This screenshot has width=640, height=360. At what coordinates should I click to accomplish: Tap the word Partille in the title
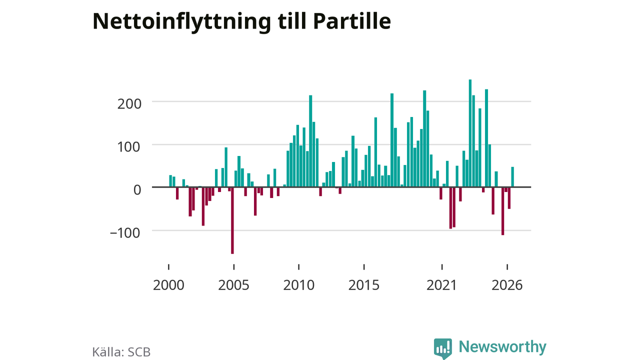(352, 21)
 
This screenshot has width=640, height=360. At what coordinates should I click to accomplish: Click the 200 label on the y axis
(129, 103)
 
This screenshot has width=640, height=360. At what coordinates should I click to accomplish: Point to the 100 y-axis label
(129, 147)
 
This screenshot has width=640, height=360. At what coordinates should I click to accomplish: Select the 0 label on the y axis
(137, 190)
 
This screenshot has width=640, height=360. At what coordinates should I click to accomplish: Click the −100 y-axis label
(125, 233)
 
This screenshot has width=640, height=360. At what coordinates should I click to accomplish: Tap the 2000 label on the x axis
(168, 285)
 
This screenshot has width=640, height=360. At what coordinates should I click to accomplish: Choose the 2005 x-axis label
(233, 285)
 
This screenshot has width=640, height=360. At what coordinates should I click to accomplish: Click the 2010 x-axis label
(299, 285)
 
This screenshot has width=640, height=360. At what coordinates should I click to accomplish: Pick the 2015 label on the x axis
(363, 285)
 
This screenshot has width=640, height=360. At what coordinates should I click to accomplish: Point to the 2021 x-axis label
(441, 285)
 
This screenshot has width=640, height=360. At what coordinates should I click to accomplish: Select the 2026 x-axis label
(507, 285)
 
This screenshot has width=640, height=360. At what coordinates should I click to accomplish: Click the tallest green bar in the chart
(470, 133)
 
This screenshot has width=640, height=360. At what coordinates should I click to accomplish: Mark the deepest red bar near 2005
(232, 220)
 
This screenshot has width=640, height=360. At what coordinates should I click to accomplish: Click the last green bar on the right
(512, 177)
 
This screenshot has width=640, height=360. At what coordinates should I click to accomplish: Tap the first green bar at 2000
(170, 181)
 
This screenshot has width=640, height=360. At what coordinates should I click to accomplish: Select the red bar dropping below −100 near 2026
(503, 211)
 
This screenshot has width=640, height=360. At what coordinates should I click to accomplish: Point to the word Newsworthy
(502, 347)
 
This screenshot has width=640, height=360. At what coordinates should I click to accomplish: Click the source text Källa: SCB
(121, 352)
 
